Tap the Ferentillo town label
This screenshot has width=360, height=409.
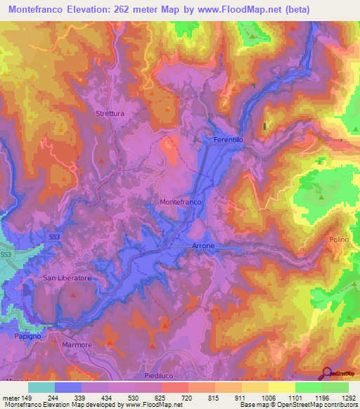click(228, 140)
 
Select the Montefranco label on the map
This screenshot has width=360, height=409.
click(181, 202)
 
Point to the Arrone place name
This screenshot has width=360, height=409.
click(203, 246)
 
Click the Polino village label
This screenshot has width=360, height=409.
click(338, 240)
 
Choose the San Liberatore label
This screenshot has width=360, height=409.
click(67, 278)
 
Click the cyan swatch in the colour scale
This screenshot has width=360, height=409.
click(41, 387)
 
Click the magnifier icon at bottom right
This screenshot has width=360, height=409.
click(327, 375)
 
